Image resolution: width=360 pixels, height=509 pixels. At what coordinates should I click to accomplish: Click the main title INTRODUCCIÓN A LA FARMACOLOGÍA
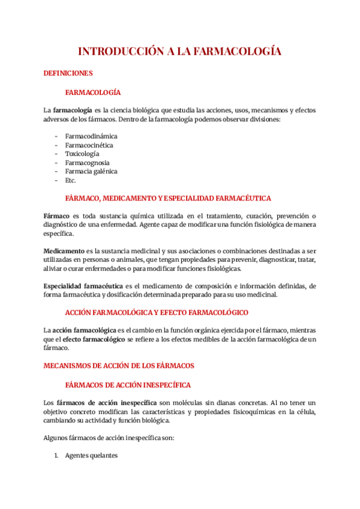(180, 52)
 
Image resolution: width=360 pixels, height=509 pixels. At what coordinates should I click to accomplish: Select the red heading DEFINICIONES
(68, 73)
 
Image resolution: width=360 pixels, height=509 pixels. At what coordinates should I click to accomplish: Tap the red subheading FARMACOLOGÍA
(93, 92)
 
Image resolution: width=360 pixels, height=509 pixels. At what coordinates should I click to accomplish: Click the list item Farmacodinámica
(91, 136)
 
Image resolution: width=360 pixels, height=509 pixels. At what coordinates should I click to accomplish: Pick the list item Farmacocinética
(89, 145)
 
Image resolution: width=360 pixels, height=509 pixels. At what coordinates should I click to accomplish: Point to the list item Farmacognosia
(88, 163)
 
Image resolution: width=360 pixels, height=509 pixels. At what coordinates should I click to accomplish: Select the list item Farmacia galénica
(91, 171)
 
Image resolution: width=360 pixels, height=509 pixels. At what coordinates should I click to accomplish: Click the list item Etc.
(71, 180)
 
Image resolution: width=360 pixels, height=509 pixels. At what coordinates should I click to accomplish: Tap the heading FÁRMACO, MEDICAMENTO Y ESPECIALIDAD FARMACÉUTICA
(168, 198)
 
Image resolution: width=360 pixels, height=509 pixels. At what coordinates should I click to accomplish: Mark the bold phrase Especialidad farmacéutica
(83, 285)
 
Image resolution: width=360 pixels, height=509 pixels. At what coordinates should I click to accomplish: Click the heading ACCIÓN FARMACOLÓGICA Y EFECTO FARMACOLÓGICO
(157, 313)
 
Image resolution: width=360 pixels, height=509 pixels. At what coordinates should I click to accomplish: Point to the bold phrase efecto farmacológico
(91, 339)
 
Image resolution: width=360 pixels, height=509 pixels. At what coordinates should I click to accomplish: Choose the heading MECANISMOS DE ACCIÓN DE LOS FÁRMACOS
(119, 365)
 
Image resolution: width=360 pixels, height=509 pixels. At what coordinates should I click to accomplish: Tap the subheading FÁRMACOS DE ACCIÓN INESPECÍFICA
(128, 384)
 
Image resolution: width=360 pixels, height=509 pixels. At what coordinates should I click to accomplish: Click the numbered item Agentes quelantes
(92, 456)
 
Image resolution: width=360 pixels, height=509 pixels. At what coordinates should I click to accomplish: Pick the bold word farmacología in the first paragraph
(73, 110)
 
